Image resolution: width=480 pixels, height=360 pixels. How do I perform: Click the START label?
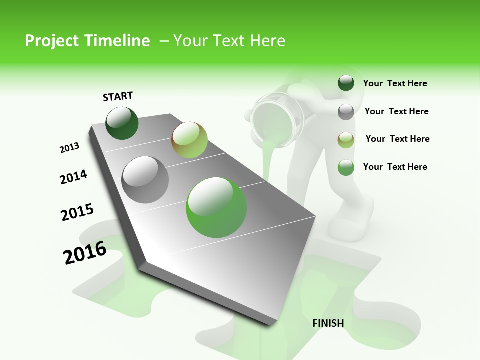click(x=118, y=96)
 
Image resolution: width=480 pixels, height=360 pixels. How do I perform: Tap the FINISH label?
click(x=328, y=323)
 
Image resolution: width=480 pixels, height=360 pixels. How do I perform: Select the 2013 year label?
click(x=69, y=148)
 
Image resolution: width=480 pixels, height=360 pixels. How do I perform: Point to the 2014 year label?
click(x=73, y=177)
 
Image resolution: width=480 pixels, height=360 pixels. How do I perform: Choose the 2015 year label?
click(x=77, y=212)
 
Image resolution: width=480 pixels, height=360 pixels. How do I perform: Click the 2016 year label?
click(x=85, y=252)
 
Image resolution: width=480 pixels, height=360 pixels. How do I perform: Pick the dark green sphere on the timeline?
click(x=122, y=123)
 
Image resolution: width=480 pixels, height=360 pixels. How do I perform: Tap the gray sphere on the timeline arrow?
click(x=145, y=180)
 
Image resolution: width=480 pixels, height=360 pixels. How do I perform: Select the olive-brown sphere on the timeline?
click(x=189, y=140)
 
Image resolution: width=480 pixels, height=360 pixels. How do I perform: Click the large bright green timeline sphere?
click(x=216, y=207)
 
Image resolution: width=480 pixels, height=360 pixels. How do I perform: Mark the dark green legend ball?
click(x=346, y=83)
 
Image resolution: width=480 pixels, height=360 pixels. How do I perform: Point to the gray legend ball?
click(x=346, y=112)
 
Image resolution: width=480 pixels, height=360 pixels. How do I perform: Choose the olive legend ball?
click(x=346, y=139)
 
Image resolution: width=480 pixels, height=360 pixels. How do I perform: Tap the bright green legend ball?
click(x=346, y=167)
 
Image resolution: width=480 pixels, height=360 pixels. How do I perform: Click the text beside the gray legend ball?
click(x=396, y=111)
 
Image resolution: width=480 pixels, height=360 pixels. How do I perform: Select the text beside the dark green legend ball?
click(x=395, y=83)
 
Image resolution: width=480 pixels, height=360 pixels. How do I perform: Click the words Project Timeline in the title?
click(x=87, y=40)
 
